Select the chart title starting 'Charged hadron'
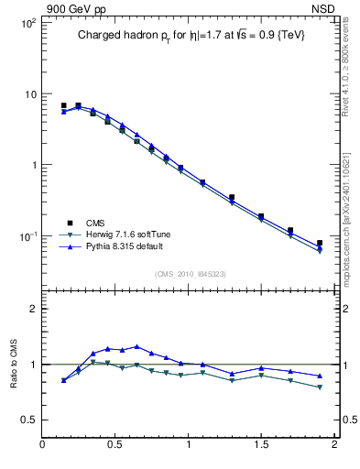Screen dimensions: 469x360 [x=190, y=35]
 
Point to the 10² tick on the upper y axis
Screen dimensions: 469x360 [x=27, y=23]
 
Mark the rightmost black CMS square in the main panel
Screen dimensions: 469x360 [x=320, y=243]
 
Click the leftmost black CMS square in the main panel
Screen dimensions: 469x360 [x=63, y=106]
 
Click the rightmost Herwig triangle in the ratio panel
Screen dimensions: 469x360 [x=320, y=387]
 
